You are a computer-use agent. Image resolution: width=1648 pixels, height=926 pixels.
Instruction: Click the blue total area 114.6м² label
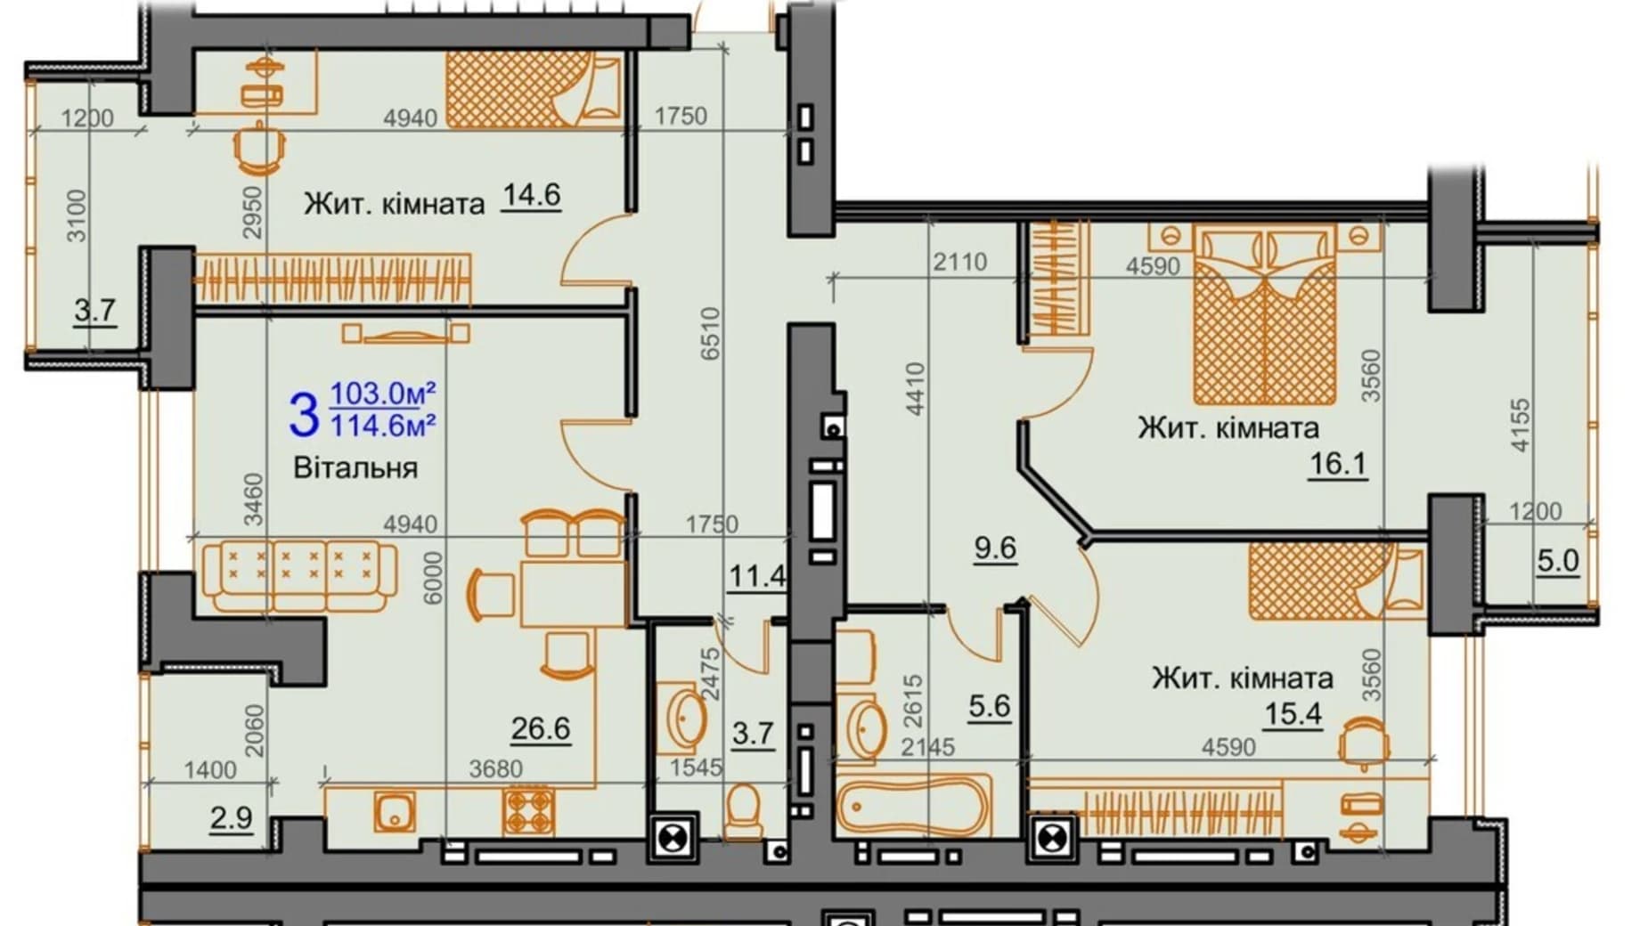pyautogui.click(x=383, y=426)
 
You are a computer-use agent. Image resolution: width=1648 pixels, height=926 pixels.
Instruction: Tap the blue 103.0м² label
pyautogui.click(x=383, y=393)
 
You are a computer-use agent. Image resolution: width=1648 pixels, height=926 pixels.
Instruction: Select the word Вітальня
pyautogui.click(x=355, y=467)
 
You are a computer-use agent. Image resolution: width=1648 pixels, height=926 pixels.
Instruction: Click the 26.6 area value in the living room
pyautogui.click(x=540, y=728)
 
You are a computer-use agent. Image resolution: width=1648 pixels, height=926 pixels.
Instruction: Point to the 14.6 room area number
pyautogui.click(x=531, y=194)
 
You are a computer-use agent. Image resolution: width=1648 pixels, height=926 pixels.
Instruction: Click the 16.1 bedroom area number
pyautogui.click(x=1337, y=464)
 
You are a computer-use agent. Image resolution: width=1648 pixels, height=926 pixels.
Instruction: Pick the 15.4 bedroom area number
pyautogui.click(x=1293, y=713)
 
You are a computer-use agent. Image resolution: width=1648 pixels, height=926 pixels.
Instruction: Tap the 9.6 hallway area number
pyautogui.click(x=995, y=548)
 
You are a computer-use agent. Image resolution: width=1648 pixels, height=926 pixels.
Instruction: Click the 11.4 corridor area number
pyautogui.click(x=757, y=577)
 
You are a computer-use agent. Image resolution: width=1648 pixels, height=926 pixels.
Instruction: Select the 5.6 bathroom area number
pyautogui.click(x=990, y=707)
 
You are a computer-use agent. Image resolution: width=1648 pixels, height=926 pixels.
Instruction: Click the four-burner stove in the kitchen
pyautogui.click(x=528, y=810)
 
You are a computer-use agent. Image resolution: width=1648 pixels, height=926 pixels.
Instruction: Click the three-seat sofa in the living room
pyautogui.click(x=299, y=575)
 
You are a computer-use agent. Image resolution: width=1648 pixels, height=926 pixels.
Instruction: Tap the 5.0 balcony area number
pyautogui.click(x=1557, y=560)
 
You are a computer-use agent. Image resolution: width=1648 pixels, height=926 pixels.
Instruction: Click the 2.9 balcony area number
pyautogui.click(x=231, y=817)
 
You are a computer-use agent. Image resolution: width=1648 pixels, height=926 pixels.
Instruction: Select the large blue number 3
pyautogui.click(x=304, y=415)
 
